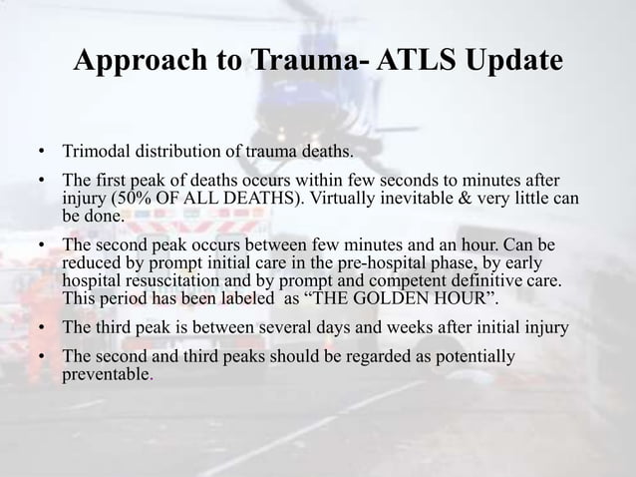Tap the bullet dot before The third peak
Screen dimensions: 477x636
(x=43, y=328)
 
